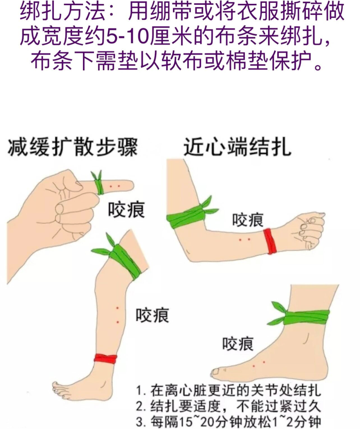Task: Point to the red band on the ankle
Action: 105,359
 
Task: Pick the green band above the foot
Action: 300,317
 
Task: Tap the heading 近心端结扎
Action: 237,147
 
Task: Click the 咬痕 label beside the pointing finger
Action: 127,210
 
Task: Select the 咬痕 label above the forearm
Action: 248,220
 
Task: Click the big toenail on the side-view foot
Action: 215,372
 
